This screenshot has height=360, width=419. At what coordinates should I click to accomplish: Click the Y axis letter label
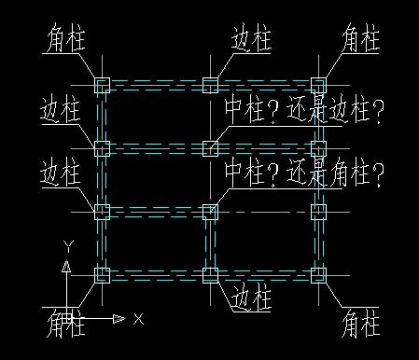pyautogui.click(x=66, y=246)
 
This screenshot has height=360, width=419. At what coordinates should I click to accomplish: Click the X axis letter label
pyautogui.click(x=138, y=319)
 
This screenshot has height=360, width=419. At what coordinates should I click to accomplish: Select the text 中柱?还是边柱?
pyautogui.click(x=304, y=110)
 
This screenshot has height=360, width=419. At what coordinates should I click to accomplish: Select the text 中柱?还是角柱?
pyautogui.click(x=304, y=173)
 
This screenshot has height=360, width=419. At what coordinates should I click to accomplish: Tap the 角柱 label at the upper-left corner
pyautogui.click(x=64, y=40)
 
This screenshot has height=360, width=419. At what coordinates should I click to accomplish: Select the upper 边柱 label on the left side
pyautogui.click(x=62, y=110)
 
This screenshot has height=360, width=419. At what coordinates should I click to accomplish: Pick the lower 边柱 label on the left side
pyautogui.click(x=62, y=173)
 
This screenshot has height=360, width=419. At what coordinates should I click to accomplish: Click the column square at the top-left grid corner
pyautogui.click(x=103, y=86)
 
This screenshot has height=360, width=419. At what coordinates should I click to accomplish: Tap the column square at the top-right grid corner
pyautogui.click(x=318, y=86)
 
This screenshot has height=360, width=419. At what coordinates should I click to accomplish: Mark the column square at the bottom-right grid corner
pyautogui.click(x=318, y=274)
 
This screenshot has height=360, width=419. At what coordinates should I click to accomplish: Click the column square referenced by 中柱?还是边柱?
pyautogui.click(x=210, y=148)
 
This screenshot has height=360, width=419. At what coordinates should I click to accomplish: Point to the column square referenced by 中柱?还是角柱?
pyautogui.click(x=210, y=211)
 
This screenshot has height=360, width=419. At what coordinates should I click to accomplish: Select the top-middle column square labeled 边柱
pyautogui.click(x=210, y=86)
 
